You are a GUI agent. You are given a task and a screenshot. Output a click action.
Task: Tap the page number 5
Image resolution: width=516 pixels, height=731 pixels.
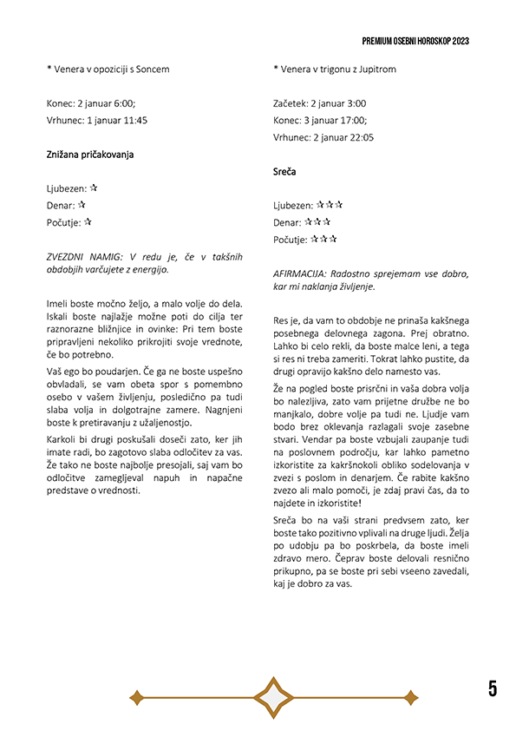pos(493,688)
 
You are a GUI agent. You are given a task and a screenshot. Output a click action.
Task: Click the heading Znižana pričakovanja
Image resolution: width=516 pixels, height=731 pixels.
pos(90,155)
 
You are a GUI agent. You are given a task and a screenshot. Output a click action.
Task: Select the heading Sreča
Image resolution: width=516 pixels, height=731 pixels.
pos(284,172)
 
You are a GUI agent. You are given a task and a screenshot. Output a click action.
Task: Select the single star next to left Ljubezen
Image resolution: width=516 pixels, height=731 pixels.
pos(94,188)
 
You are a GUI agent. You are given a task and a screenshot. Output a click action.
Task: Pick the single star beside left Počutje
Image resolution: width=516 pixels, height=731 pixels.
pos(88,222)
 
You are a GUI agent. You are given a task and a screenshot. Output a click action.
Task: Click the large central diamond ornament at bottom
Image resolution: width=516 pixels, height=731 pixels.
pos(274,697)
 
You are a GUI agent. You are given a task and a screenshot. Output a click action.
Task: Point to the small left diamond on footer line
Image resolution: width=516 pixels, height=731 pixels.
pos(136,697)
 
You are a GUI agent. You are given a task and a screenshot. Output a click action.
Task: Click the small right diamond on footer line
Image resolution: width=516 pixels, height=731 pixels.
pos(411,697)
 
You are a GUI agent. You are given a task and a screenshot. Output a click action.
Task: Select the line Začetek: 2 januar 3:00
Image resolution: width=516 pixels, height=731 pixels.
pos(319,102)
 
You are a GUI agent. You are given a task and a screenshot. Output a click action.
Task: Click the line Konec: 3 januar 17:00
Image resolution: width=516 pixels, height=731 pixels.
pos(320,120)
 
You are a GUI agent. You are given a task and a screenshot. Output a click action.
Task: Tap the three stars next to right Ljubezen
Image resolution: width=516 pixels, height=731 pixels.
pos(330,205)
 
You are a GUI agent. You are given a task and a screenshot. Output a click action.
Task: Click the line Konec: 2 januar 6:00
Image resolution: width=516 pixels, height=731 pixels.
pos(91,102)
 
